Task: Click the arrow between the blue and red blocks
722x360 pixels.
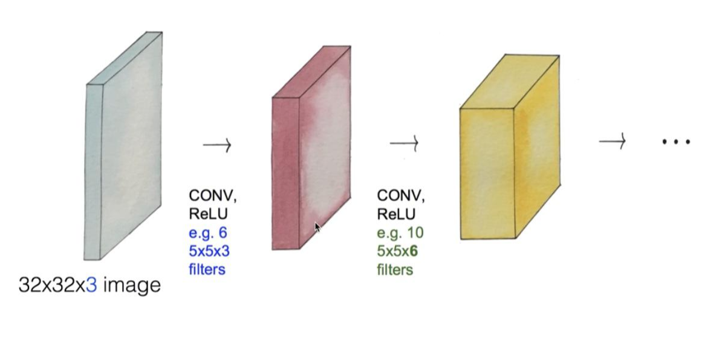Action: [217, 145]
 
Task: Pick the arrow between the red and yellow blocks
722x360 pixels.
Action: [405, 143]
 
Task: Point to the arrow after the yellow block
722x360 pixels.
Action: [612, 142]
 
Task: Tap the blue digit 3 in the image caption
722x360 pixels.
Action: [91, 284]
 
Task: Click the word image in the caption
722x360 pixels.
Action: [132, 284]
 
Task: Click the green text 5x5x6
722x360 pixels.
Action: [397, 250]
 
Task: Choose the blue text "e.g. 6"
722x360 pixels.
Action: [208, 232]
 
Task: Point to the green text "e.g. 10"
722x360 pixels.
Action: [400, 232]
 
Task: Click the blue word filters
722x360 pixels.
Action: [207, 269]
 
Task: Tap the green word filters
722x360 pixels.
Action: [395, 269]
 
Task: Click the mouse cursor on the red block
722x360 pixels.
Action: [317, 227]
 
